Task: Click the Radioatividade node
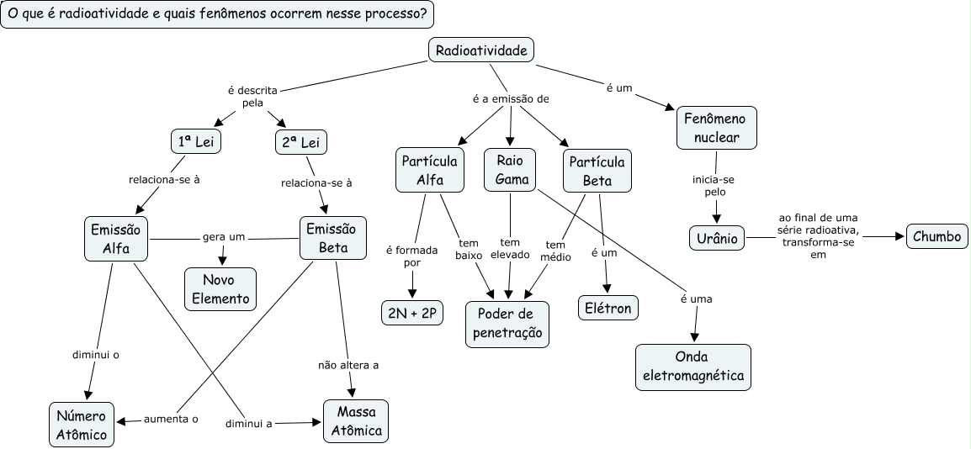482,50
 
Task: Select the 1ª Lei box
195,142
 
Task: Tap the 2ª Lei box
300,142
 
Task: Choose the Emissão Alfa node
116,238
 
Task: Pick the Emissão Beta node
333,238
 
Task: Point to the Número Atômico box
82,424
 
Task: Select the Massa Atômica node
356,420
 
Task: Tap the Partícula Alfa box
429,170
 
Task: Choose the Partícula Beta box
597,170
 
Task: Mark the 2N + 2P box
411,314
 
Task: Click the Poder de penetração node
507,324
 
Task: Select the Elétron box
608,308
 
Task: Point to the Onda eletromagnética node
693,366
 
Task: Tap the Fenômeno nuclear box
716,127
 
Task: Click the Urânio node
717,238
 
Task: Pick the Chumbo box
937,236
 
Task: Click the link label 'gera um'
223,237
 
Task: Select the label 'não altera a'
348,365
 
